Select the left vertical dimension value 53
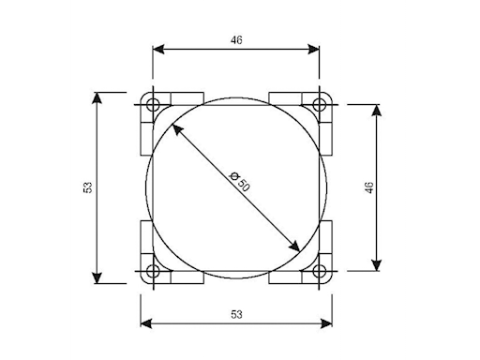point(87,187)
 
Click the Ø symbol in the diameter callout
point(233,176)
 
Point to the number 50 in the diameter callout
point(243,186)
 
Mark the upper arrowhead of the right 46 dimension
point(377,111)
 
